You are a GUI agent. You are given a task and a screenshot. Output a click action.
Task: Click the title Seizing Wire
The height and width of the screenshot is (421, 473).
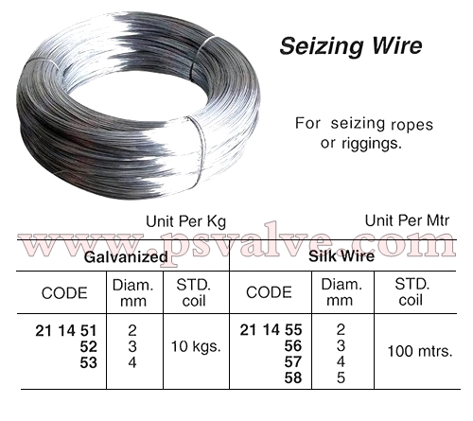[351, 46]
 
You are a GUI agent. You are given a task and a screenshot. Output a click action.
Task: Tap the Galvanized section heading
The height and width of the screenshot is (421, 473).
[126, 257]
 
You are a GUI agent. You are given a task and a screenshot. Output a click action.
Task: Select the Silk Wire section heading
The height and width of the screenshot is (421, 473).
[342, 255]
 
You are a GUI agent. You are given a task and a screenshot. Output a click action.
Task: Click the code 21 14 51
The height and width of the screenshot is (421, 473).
[66, 331]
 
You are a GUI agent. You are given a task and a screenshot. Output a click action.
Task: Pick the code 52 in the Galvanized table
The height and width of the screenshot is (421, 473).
[88, 346]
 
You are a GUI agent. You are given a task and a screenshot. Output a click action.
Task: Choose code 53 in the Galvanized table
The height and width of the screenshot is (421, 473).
[88, 362]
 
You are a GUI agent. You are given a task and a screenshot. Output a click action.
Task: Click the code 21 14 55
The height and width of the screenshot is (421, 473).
[272, 330]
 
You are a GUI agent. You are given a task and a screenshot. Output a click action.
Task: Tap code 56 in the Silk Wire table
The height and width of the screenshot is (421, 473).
[293, 346]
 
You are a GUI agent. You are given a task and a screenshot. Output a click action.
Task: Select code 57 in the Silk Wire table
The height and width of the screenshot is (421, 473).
[293, 361]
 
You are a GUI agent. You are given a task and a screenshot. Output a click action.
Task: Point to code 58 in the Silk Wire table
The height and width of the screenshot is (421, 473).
[293, 377]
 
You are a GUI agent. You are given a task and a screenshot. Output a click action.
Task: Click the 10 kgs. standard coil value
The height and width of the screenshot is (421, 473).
[196, 346]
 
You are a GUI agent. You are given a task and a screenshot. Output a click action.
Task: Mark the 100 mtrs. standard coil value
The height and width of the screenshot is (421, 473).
[420, 351]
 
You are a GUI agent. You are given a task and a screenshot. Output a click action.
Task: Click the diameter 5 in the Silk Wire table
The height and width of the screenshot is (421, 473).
[341, 377]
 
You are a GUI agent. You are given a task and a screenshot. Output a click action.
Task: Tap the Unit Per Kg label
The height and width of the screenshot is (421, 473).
[186, 221]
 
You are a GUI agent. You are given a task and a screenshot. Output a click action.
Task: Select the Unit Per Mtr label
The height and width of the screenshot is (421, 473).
[407, 220]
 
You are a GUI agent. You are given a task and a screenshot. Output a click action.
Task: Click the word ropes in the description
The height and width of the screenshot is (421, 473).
[412, 125]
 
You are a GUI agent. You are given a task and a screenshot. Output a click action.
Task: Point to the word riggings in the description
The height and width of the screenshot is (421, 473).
[371, 144]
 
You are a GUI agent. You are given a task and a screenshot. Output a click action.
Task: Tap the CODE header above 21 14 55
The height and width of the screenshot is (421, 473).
[269, 292]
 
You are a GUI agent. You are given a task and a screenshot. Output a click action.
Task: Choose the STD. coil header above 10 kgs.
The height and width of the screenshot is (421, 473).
[194, 292]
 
